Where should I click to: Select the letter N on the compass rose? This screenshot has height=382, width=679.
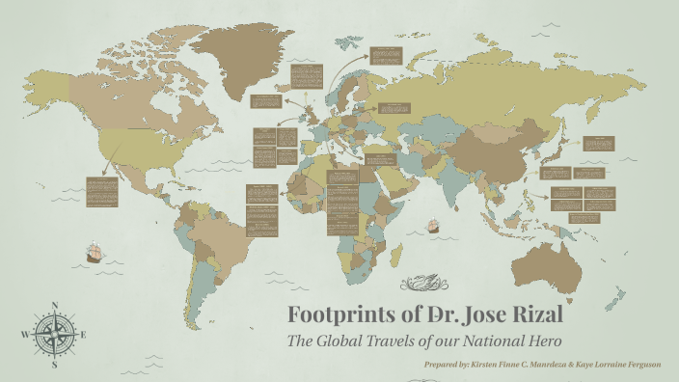pos(53,307)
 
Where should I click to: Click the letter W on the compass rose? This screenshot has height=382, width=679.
pos(24,335)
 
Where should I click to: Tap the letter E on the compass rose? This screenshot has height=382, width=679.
pos(83,335)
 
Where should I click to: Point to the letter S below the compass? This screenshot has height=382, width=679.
pos(54,365)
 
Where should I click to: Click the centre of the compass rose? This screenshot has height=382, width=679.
pos(53,335)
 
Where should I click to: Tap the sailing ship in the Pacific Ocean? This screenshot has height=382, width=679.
pos(95,253)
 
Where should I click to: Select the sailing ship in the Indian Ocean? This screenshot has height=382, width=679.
pos(433,228)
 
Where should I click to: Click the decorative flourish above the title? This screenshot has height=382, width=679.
pos(423,283)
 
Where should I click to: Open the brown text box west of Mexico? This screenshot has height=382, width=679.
pos(101,191)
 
